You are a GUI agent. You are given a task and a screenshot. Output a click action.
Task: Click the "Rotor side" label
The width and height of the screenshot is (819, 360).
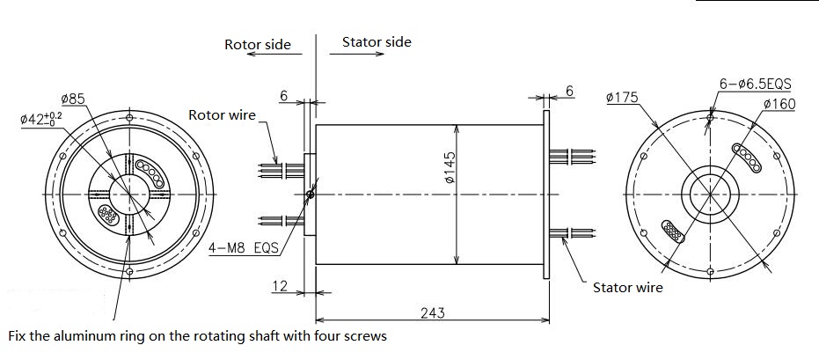258,44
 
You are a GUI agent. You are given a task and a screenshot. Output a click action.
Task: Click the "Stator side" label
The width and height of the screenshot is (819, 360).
377,41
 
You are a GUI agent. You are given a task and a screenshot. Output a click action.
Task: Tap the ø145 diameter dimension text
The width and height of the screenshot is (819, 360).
450,167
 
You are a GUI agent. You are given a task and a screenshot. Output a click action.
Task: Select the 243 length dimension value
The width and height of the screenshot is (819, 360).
433,313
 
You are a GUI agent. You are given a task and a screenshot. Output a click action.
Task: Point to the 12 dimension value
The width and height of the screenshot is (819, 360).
280,286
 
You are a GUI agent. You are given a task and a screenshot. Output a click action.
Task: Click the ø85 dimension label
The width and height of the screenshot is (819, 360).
73,99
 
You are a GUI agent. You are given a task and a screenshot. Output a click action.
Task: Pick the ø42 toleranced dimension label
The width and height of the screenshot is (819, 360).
40,118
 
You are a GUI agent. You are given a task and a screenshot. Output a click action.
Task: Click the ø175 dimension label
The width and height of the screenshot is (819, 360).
622,97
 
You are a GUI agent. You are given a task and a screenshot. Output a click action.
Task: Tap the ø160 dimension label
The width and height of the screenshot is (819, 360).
779,104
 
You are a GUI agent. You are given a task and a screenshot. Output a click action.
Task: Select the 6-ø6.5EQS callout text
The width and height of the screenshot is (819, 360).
756,84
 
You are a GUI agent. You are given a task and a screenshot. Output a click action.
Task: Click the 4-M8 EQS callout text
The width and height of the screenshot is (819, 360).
243,247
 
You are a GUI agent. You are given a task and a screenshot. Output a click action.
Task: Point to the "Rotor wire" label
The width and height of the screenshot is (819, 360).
222,115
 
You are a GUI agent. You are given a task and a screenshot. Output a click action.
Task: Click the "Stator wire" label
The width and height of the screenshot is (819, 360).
628,287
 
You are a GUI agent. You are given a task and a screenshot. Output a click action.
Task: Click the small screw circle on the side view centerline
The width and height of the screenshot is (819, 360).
311,195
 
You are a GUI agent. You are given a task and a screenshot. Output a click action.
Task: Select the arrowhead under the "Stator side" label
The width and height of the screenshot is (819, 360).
380,54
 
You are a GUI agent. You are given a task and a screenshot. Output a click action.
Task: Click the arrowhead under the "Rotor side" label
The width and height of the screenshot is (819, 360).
251,54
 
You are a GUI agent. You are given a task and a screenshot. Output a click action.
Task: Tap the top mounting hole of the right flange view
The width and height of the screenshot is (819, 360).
709,118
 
